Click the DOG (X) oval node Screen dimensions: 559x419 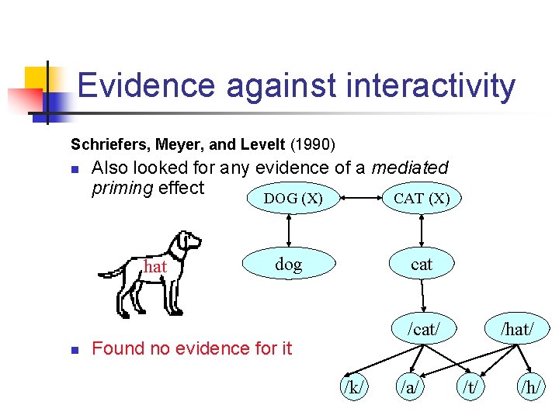point(292,199)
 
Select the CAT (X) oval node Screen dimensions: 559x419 point(421,199)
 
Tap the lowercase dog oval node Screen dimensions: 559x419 point(288,265)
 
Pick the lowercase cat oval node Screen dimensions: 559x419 point(422,265)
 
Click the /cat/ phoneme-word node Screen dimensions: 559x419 point(424,329)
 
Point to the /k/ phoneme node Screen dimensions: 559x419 point(354,385)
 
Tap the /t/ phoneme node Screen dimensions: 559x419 point(470,385)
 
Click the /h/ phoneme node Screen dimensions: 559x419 point(532,385)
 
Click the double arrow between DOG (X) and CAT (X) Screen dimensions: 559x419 point(356,198)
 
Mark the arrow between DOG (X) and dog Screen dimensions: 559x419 point(290,230)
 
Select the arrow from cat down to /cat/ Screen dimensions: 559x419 point(422,296)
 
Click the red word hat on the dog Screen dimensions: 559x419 point(156,266)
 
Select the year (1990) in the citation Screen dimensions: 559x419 point(312,144)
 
